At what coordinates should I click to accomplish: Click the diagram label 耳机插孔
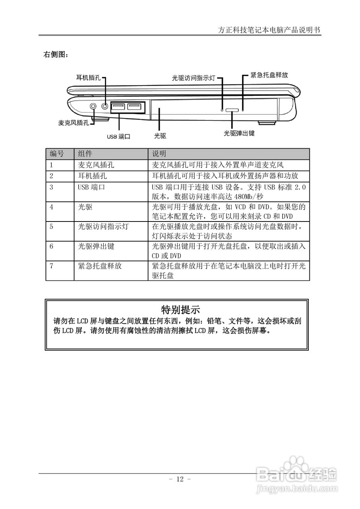point(88,78)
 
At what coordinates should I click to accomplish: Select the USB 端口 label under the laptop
point(118,136)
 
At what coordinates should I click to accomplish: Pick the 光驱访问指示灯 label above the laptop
point(193,78)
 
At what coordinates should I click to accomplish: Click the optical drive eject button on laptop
point(232,109)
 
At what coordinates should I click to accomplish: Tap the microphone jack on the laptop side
point(93,106)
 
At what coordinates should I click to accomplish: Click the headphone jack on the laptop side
point(105,106)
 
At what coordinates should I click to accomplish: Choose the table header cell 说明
point(159,154)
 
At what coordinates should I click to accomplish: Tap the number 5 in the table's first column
point(51,227)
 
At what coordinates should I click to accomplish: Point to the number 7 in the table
point(51,266)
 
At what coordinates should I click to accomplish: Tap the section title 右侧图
point(56,54)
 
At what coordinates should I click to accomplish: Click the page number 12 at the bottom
point(180,479)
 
